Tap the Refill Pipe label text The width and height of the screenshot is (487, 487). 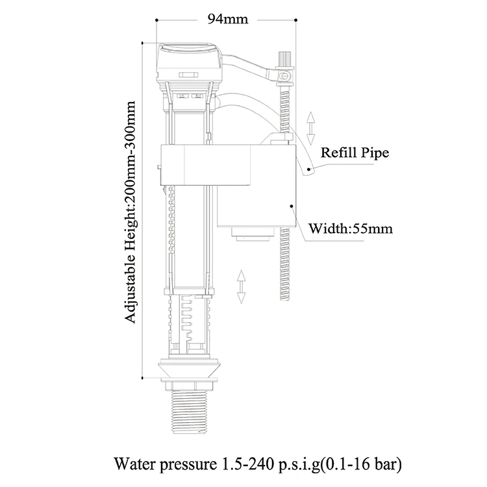(355, 153)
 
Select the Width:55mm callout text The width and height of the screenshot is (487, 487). (350, 229)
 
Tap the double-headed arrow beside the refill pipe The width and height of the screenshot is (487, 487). (311, 127)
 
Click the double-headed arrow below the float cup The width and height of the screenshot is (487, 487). (242, 287)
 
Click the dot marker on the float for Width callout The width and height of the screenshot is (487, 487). (292, 206)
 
